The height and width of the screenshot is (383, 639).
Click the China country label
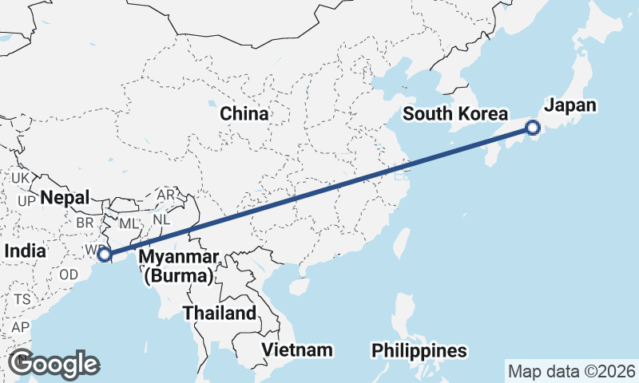point(244,114)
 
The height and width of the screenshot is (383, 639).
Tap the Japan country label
point(570,105)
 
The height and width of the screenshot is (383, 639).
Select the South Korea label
point(455,114)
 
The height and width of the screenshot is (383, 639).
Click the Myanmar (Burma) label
point(178,267)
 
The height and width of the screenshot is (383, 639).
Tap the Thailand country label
point(220,313)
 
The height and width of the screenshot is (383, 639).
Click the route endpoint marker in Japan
point(533,127)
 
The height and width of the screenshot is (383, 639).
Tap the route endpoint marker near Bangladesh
point(104,255)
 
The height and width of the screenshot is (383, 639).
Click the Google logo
point(54,364)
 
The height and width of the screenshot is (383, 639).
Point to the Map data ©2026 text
point(571,371)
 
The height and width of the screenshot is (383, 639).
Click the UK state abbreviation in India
point(21,177)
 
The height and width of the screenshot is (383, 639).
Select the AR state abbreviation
point(166,195)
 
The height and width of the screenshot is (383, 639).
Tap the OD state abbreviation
point(69,273)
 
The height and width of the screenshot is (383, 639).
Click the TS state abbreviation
point(22,299)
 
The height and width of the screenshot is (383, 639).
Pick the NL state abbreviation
point(161,218)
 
